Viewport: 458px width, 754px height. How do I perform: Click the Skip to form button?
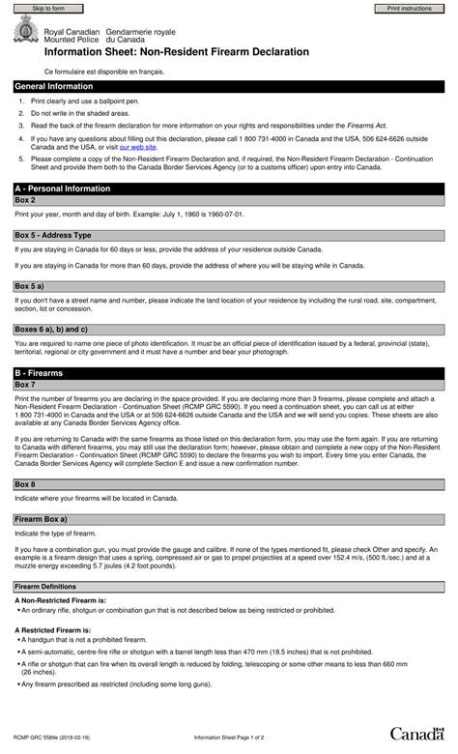(x=49, y=8)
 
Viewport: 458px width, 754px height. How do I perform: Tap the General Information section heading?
(x=55, y=87)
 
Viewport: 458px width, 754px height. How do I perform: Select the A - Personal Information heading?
(x=63, y=188)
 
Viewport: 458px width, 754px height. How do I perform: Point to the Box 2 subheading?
(x=26, y=200)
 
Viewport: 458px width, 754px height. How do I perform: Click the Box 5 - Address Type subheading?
(x=53, y=235)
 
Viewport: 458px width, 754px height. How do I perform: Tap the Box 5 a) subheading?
(x=30, y=286)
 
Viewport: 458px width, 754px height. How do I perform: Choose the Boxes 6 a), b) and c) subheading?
(x=51, y=330)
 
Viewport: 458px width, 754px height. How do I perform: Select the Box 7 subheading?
(x=26, y=385)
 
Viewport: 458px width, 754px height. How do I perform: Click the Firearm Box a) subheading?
(x=43, y=519)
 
